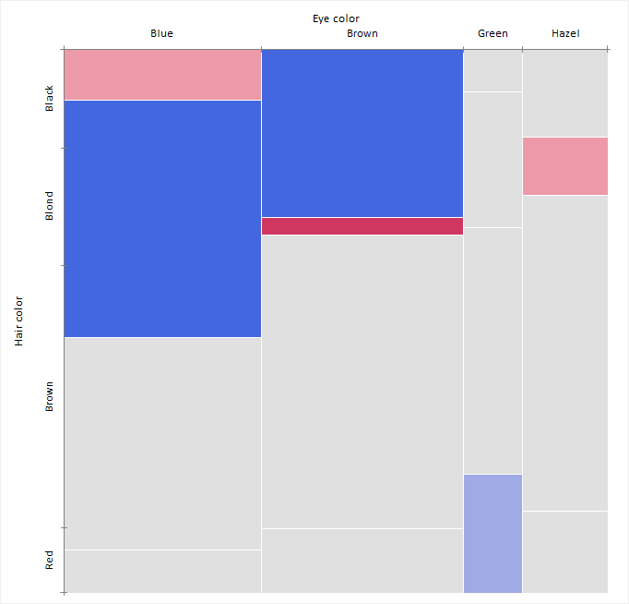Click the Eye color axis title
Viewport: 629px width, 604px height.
[336, 18]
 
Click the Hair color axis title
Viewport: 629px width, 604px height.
[19, 321]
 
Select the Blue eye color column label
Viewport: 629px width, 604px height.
[161, 34]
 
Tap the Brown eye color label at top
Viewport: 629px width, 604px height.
[362, 34]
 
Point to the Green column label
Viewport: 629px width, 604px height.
[493, 34]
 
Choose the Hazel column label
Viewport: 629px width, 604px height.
[565, 34]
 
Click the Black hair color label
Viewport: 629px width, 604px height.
[50, 98]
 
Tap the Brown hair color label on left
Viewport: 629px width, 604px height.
[50, 395]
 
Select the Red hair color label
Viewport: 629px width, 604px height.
[50, 559]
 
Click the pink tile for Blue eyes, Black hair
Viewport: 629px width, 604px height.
[162, 74]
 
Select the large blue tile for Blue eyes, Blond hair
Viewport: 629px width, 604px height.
[162, 218]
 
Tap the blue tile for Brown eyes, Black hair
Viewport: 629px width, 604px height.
[362, 133]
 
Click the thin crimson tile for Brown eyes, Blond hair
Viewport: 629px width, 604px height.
[362, 226]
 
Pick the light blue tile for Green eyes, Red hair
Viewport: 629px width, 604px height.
[493, 533]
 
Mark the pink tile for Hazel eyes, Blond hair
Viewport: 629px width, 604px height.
[565, 166]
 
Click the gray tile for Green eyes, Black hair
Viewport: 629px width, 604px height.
[493, 70]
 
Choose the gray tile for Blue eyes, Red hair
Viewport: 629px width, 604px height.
[162, 571]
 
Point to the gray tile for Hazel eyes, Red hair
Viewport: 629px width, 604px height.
[565, 551]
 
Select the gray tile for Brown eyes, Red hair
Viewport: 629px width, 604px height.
[362, 560]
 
